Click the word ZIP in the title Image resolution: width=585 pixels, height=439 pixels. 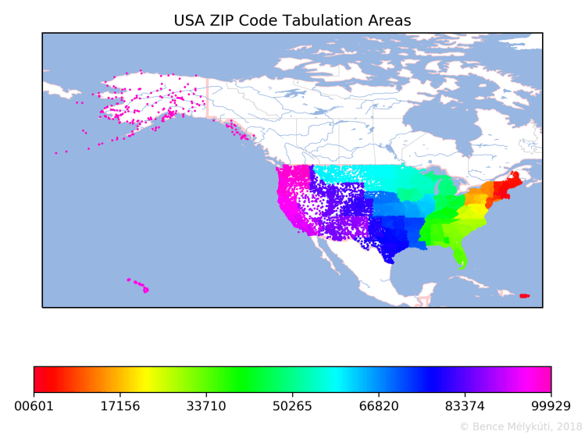tap(223, 20)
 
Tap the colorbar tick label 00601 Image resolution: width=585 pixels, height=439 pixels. tap(34, 406)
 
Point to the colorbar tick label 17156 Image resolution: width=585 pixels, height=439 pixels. tap(120, 406)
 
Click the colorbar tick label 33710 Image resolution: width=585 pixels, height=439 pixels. tap(206, 406)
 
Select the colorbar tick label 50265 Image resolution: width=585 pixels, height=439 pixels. tap(292, 406)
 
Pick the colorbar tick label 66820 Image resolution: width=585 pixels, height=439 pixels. tap(379, 406)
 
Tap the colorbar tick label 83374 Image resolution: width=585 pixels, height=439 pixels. tap(465, 406)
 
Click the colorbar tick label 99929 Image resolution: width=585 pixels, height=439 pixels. tap(551, 406)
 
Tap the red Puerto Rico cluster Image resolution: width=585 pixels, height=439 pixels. tap(524, 295)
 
